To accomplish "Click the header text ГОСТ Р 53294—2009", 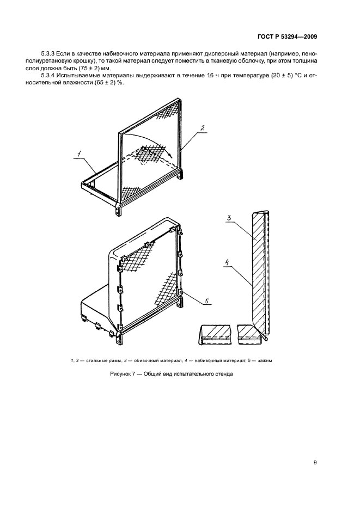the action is coord(287,37).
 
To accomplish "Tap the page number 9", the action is coord(315,463).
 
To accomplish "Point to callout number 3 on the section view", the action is coord(229,218).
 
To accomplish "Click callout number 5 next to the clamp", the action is coord(207,300).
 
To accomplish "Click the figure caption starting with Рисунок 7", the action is coord(172,373).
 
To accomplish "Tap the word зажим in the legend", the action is coord(265,360).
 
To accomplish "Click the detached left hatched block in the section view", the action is coord(215,334).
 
